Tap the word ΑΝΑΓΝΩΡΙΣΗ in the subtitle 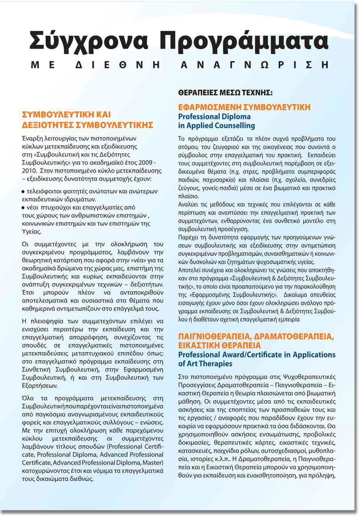point(255,65)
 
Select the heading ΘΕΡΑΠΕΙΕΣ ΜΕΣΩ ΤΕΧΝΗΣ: point(225,92)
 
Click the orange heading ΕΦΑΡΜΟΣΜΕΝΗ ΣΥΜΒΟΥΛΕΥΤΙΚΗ point(244,108)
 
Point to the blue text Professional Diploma point(214,117)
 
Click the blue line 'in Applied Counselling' point(216,126)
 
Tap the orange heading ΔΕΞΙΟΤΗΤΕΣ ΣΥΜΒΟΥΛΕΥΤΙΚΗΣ point(87,125)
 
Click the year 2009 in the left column point(144,162)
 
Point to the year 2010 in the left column point(29,170)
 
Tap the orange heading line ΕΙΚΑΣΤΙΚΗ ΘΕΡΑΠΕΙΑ point(219,345)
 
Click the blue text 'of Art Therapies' point(205,364)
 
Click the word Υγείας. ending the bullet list point(32,232)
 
